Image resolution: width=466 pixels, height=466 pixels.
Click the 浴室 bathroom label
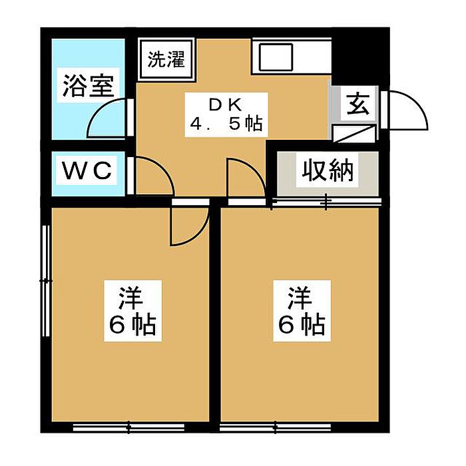89,86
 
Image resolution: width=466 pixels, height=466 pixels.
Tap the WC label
87,170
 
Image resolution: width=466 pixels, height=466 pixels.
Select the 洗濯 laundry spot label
166,59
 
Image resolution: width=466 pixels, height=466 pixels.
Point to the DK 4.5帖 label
226,115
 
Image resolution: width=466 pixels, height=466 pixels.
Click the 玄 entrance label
358,104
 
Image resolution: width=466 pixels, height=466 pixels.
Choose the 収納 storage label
328,170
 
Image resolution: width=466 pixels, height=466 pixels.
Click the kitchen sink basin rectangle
276,57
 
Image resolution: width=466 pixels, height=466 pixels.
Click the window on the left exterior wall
46,280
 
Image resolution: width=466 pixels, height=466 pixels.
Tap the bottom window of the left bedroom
128,427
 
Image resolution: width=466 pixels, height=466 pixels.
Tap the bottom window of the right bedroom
276,427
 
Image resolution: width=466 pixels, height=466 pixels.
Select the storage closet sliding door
326,202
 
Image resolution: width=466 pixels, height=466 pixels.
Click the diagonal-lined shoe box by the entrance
354,133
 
